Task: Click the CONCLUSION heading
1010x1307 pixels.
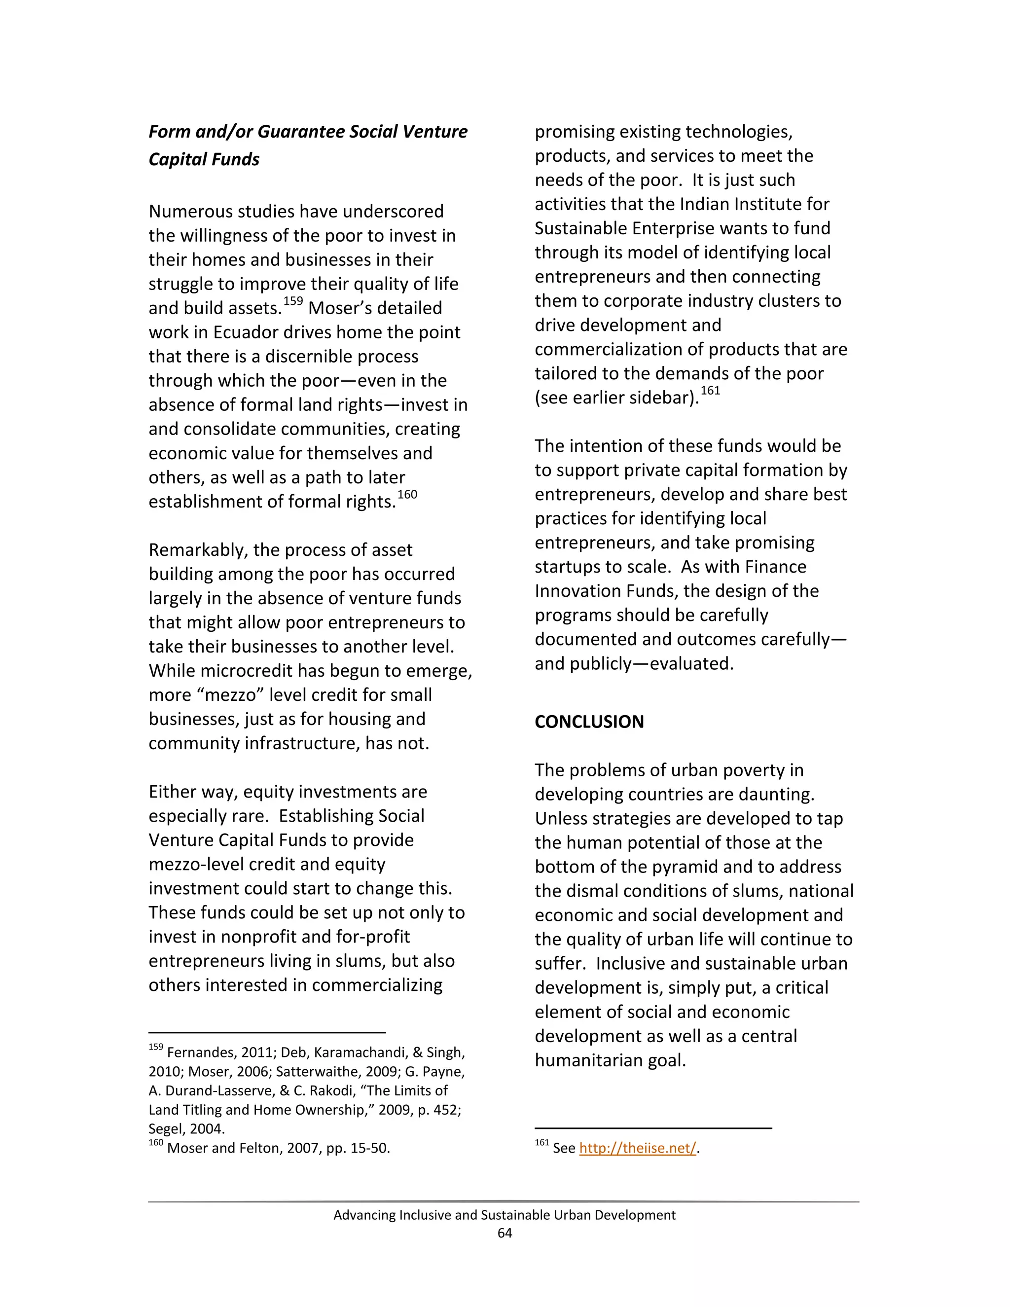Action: pyautogui.click(x=589, y=722)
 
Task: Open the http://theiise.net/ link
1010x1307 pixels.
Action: pyautogui.click(x=637, y=1148)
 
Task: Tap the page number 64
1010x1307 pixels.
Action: pyautogui.click(x=505, y=1233)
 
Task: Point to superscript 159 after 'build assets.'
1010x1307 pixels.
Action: pyautogui.click(x=293, y=301)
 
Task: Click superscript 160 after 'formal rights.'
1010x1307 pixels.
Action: pyautogui.click(x=407, y=494)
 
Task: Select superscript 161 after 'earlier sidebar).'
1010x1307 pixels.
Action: pyautogui.click(x=710, y=391)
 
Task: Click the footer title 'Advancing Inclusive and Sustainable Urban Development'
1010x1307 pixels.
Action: pyautogui.click(x=505, y=1215)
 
